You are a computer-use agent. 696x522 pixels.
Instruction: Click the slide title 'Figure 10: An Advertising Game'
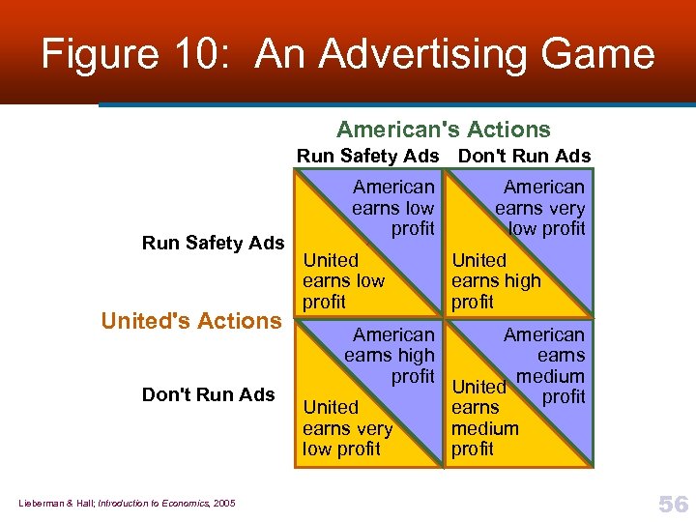point(348,54)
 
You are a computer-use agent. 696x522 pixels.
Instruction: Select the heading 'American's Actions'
point(443,130)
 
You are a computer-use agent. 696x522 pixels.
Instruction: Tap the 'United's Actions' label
point(190,321)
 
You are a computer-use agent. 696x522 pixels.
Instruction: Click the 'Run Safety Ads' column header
point(367,157)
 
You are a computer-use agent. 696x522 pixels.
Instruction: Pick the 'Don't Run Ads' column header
point(524,157)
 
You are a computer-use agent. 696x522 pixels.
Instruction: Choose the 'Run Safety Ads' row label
point(213,243)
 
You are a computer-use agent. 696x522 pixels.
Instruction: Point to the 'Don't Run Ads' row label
point(208,394)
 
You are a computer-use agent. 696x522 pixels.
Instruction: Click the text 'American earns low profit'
point(393,208)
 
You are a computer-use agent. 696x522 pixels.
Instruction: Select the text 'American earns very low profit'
point(541,208)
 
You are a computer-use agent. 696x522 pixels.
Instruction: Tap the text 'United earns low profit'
point(343,281)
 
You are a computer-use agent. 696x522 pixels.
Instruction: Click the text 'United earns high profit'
point(495,281)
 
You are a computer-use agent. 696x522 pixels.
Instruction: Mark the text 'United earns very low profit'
point(347,428)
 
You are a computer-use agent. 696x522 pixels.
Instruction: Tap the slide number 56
point(673,504)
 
